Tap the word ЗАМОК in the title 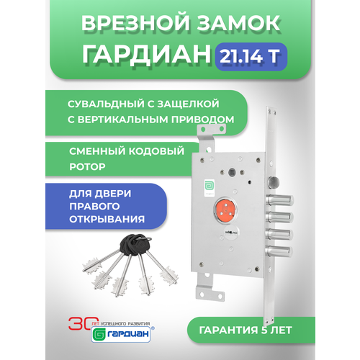click(x=239, y=23)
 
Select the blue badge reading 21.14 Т click(x=251, y=56)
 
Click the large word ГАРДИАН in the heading click(x=146, y=55)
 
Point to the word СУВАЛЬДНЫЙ click(x=106, y=104)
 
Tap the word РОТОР click(x=87, y=166)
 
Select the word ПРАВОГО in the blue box click(x=94, y=207)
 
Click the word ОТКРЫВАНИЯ click(x=107, y=220)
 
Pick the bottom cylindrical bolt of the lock click(x=279, y=251)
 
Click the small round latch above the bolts click(x=274, y=182)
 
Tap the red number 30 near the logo click(x=80, y=323)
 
